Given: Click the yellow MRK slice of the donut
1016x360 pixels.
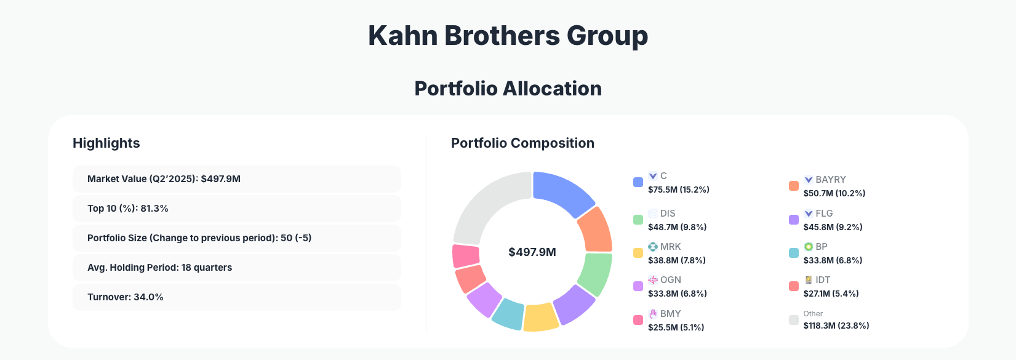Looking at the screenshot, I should click(x=540, y=317).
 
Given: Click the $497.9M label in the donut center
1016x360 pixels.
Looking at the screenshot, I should click(x=532, y=252).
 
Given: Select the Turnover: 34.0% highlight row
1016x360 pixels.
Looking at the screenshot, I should click(x=236, y=297).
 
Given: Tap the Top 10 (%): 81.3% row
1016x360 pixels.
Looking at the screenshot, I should click(x=236, y=209).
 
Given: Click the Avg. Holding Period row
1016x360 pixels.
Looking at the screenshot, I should click(x=236, y=268).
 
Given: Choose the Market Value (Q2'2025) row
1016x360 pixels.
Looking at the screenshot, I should click(x=236, y=179).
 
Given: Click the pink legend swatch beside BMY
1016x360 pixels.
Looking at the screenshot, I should click(x=638, y=320).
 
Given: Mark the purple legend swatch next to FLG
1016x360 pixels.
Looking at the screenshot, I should click(x=794, y=220).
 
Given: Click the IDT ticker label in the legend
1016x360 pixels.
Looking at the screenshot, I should click(x=823, y=280).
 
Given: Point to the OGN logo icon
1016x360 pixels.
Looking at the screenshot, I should click(x=653, y=280).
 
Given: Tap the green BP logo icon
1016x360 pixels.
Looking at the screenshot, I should click(x=809, y=247).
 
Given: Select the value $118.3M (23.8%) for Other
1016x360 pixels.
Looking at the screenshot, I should click(x=836, y=326).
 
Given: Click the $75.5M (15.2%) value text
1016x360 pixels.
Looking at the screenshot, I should click(x=678, y=190).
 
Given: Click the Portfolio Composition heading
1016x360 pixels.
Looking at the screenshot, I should click(x=522, y=143).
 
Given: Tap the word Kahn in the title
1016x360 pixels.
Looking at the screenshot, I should click(x=402, y=36).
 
